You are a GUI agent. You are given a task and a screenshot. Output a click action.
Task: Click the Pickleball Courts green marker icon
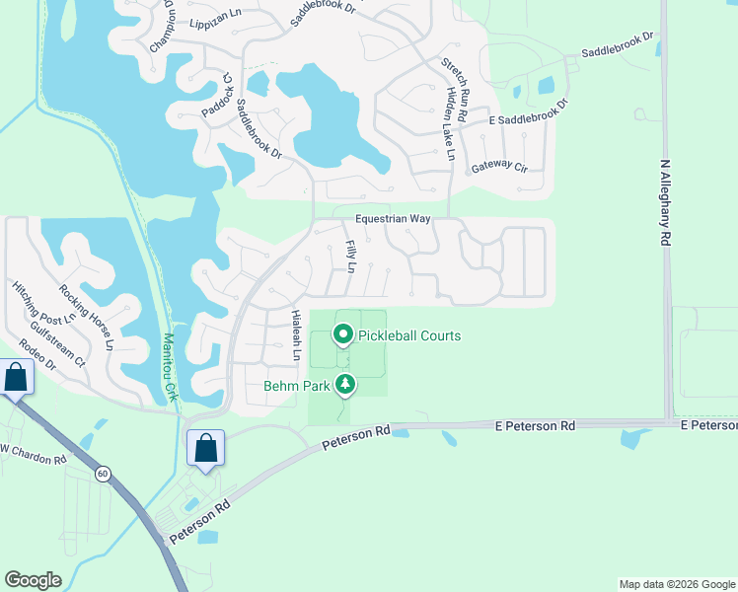click(343, 335)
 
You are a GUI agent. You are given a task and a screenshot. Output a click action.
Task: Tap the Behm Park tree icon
click(345, 385)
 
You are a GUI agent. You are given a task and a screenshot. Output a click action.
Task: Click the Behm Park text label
click(296, 386)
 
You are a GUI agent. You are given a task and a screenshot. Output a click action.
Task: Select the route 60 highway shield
click(103, 474)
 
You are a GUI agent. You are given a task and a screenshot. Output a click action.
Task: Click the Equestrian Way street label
click(395, 219)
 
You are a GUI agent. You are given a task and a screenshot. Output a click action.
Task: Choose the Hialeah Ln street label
click(295, 334)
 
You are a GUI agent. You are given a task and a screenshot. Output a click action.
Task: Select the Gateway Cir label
click(499, 168)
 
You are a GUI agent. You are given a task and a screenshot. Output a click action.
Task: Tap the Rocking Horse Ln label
click(87, 318)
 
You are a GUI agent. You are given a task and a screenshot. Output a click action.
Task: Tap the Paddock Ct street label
click(227, 95)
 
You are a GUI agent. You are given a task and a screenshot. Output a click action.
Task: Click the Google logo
click(33, 580)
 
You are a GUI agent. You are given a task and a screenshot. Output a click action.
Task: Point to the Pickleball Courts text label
click(409, 336)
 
